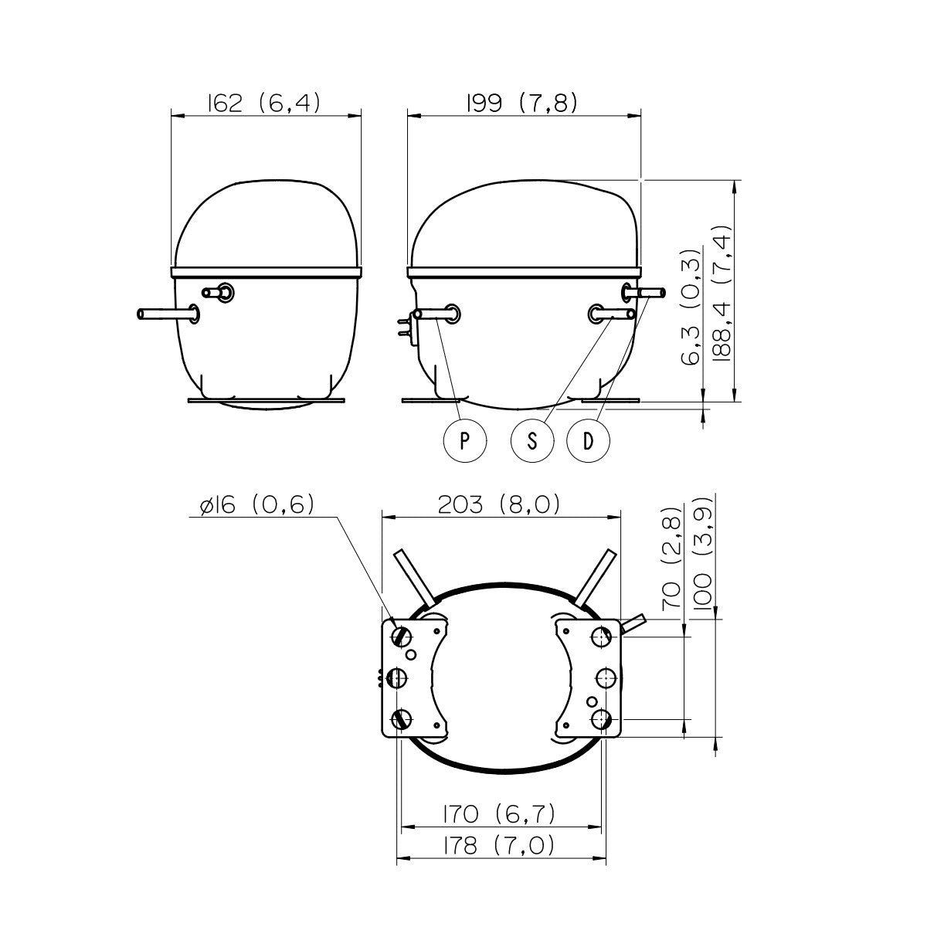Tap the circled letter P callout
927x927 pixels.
click(464, 440)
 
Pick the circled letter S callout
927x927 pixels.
click(532, 440)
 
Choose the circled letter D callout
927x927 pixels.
click(588, 440)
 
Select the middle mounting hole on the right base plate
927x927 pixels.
click(605, 677)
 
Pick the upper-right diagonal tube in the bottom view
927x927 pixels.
click(596, 578)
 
